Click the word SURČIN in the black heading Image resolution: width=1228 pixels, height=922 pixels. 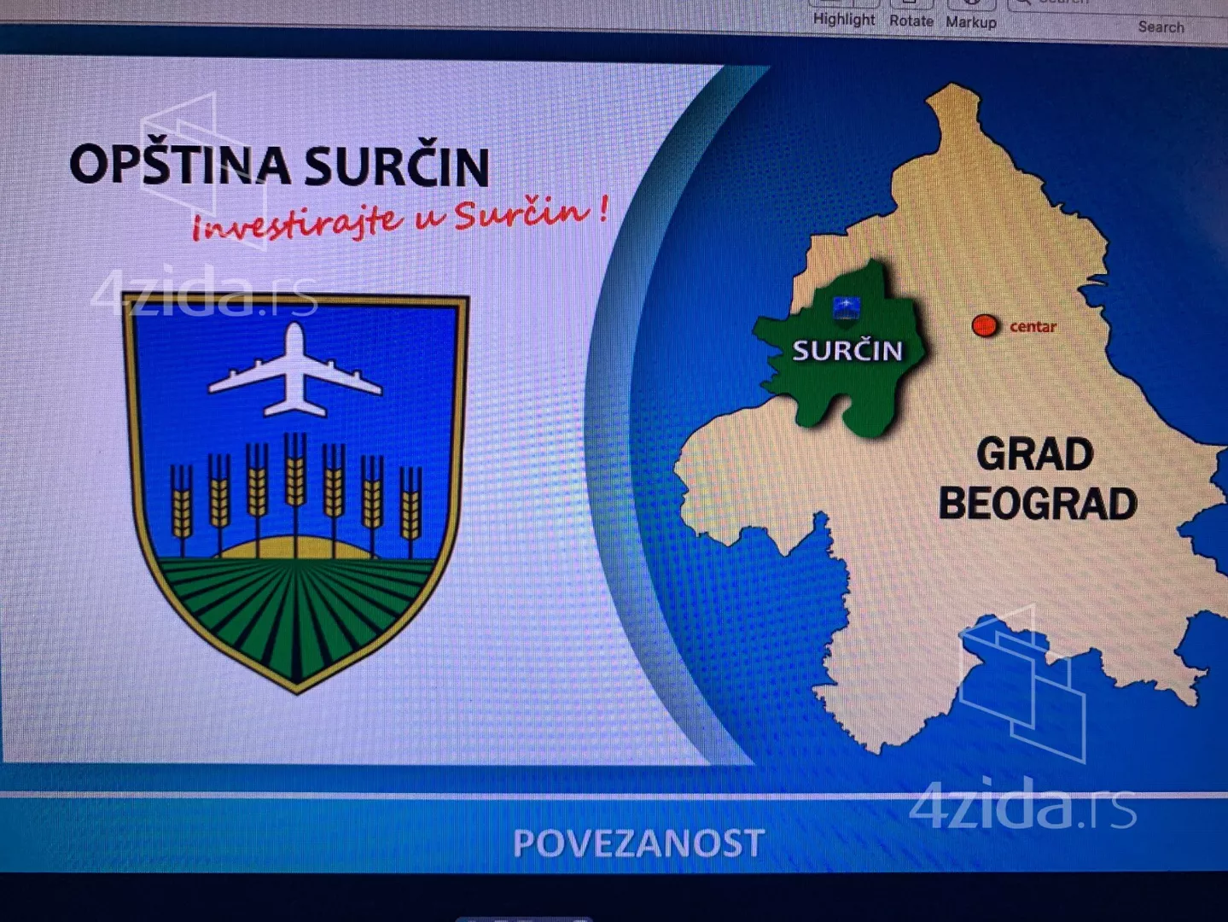tap(398, 166)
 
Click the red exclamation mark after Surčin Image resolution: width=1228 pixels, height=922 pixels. tap(602, 210)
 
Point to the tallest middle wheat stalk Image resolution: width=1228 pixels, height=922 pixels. tap(295, 493)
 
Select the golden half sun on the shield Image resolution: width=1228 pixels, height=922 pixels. tap(294, 547)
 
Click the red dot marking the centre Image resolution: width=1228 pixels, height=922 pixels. tap(984, 325)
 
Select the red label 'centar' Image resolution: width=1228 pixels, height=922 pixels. tap(1033, 327)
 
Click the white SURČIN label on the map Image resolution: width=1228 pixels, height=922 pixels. tap(847, 351)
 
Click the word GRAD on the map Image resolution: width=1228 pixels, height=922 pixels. tap(1035, 454)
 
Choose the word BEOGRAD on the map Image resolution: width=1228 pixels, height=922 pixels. tap(1038, 504)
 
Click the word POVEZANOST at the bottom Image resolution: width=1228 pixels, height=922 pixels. tap(639, 843)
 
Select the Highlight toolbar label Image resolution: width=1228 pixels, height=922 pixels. tap(844, 20)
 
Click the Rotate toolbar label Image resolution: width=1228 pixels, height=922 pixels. tap(911, 21)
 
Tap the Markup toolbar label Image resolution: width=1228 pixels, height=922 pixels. tap(971, 22)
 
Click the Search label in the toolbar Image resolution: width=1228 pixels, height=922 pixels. tap(1161, 26)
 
